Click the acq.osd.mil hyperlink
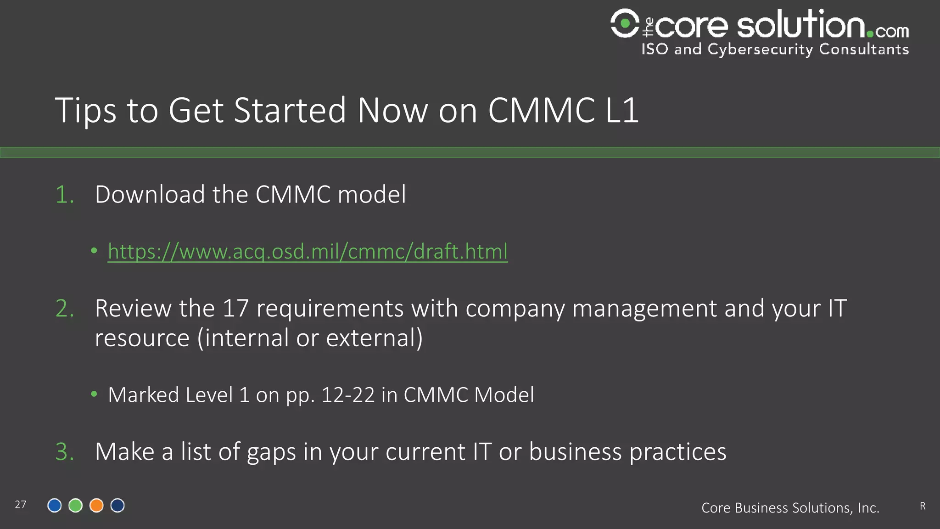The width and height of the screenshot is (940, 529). (x=308, y=252)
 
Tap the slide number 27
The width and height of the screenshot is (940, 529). (x=21, y=505)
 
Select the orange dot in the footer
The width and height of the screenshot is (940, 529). (x=96, y=506)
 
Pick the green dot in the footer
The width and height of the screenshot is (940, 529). (x=75, y=506)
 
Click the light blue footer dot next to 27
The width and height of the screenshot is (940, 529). (x=55, y=506)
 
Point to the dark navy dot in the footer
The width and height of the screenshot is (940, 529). (x=117, y=506)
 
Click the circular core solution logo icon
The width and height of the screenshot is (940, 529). (x=625, y=23)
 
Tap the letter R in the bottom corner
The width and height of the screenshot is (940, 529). (x=922, y=506)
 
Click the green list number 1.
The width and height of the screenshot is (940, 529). (x=64, y=195)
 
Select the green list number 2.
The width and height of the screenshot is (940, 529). (x=64, y=309)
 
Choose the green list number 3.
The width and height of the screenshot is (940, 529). (x=64, y=452)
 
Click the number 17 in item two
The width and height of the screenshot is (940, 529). (x=235, y=309)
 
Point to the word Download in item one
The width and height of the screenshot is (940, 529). (x=150, y=195)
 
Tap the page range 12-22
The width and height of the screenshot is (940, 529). (x=348, y=395)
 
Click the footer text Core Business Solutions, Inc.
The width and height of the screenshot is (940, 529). (x=790, y=508)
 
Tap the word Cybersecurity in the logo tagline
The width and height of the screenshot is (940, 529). (x=760, y=50)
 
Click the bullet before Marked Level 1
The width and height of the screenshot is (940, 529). (x=94, y=394)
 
